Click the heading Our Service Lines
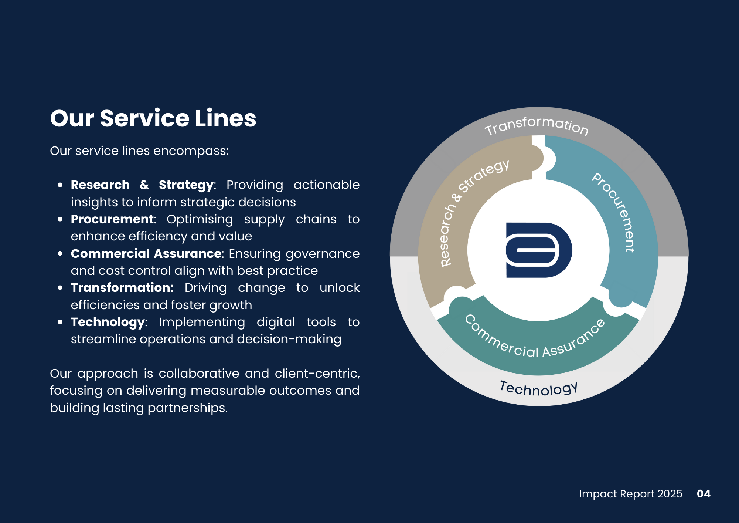tap(153, 118)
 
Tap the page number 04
tap(704, 494)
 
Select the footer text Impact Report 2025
tap(630, 494)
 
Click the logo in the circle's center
tap(539, 250)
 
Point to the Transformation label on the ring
tap(536, 125)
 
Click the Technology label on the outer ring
tap(538, 389)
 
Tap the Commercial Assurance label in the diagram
tap(535, 340)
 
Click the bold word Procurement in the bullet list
tap(112, 219)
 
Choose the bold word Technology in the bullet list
tap(108, 322)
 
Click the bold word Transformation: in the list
tap(122, 288)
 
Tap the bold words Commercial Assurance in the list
tap(146, 254)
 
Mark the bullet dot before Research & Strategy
tap(60, 185)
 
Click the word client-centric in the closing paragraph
tap(317, 374)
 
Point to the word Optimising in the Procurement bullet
tap(200, 219)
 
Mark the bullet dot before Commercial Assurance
tap(60, 254)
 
